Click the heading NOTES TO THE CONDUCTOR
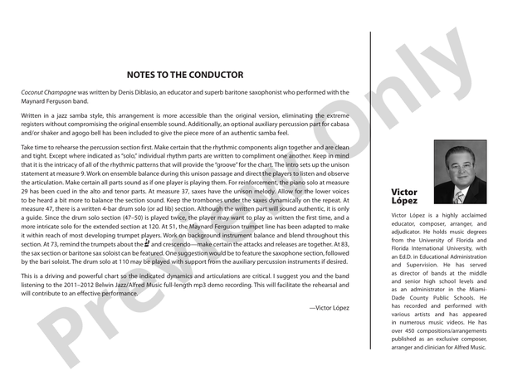click(x=185, y=75)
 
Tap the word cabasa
click(x=303, y=122)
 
